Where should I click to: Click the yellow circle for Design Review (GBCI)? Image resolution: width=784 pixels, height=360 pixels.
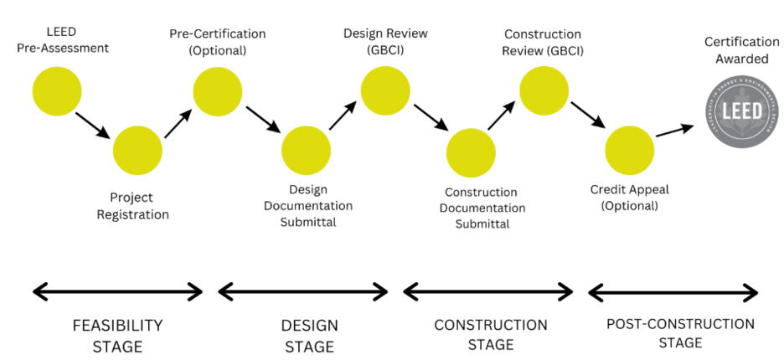tap(385, 89)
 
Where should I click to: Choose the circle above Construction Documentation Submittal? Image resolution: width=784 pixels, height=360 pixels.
tap(471, 152)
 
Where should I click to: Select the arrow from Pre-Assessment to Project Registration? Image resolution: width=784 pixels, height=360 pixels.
tap(92, 124)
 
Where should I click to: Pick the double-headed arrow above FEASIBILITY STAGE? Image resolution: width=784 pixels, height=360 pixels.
tap(117, 291)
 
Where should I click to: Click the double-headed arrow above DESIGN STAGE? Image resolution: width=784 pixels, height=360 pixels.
tap(303, 291)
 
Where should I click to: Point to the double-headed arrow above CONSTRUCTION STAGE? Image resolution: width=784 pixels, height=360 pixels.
tap(488, 291)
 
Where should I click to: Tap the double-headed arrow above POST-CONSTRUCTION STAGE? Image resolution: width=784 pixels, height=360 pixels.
tap(673, 292)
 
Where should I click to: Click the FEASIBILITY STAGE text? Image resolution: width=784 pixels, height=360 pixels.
tap(117, 335)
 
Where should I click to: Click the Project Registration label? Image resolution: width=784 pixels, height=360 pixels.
tap(139, 206)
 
